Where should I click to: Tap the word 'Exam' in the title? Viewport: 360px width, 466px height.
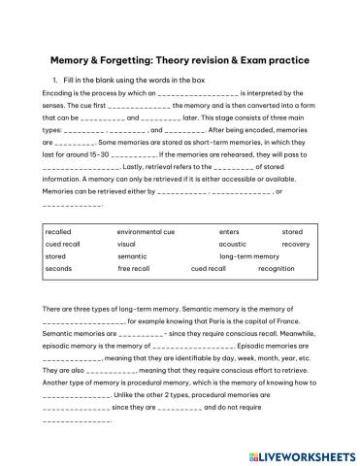[x=261, y=59]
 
